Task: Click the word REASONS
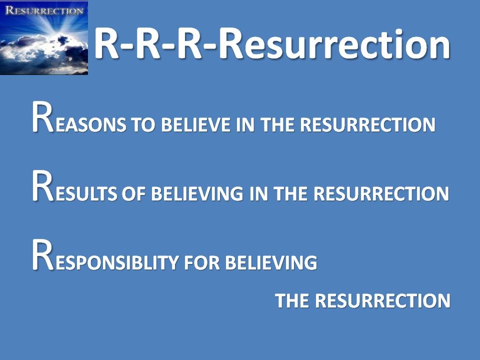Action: pyautogui.click(x=79, y=117)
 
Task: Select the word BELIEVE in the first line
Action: pyautogui.click(x=195, y=124)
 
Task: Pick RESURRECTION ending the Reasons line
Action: pyautogui.click(x=367, y=124)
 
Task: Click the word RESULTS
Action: pyautogui.click(x=74, y=186)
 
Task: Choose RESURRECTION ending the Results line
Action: pyautogui.click(x=381, y=193)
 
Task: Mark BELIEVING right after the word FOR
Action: pyautogui.click(x=271, y=262)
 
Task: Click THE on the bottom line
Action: pyautogui.click(x=292, y=300)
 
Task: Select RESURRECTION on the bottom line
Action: pyautogui.click(x=382, y=300)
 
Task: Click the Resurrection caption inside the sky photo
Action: pyautogui.click(x=44, y=10)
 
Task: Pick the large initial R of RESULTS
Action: pyautogui.click(x=43, y=186)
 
